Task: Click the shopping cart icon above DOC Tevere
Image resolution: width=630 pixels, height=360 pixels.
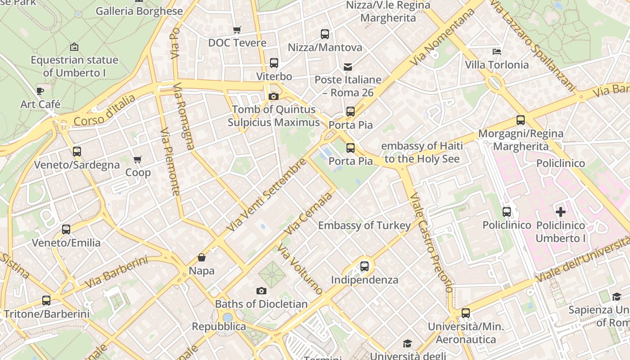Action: (x=237, y=30)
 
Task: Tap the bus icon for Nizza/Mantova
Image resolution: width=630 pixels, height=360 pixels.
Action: (x=324, y=34)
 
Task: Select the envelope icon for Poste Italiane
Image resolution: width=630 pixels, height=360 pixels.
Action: (x=348, y=67)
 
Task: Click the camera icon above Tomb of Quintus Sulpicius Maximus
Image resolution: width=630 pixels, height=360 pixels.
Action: (x=273, y=96)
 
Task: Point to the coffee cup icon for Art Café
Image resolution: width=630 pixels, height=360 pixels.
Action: (x=40, y=91)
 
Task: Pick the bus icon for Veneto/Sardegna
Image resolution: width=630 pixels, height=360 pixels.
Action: (x=77, y=152)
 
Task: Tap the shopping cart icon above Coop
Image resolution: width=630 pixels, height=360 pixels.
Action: (x=137, y=160)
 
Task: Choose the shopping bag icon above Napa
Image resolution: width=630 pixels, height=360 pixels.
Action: (x=202, y=258)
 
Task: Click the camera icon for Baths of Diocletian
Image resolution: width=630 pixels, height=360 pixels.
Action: (x=261, y=291)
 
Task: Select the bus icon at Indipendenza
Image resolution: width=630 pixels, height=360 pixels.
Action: (x=364, y=266)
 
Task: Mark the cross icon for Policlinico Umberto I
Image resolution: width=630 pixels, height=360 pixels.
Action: (x=560, y=211)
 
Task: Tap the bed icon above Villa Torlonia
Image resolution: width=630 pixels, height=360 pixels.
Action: (x=497, y=52)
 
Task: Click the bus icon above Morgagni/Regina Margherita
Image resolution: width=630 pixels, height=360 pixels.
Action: (x=521, y=120)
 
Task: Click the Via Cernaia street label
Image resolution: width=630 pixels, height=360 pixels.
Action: (x=308, y=213)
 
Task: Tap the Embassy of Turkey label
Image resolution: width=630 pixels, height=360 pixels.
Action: (x=364, y=225)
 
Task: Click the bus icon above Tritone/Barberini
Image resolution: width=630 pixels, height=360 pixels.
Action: (x=46, y=301)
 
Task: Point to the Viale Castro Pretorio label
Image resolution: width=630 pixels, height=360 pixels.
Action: (x=431, y=243)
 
